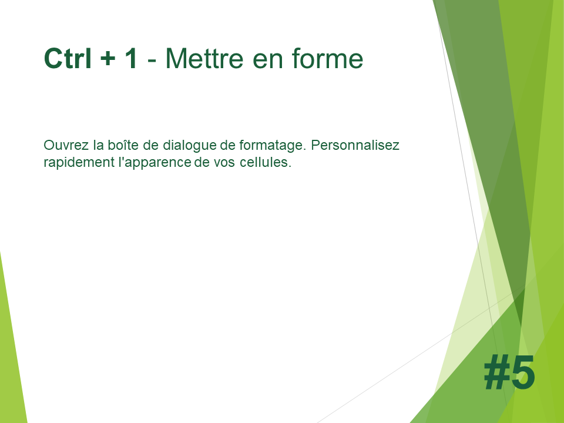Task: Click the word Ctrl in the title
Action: [68, 58]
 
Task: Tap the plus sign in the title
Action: [108, 59]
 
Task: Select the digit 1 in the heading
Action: [130, 58]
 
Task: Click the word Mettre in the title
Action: [204, 58]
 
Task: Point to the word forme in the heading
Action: [328, 58]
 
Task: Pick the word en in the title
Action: [268, 61]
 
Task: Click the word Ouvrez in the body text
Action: [66, 145]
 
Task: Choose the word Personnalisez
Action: [355, 145]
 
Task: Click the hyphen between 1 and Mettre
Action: [152, 61]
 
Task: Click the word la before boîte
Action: [98, 145]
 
